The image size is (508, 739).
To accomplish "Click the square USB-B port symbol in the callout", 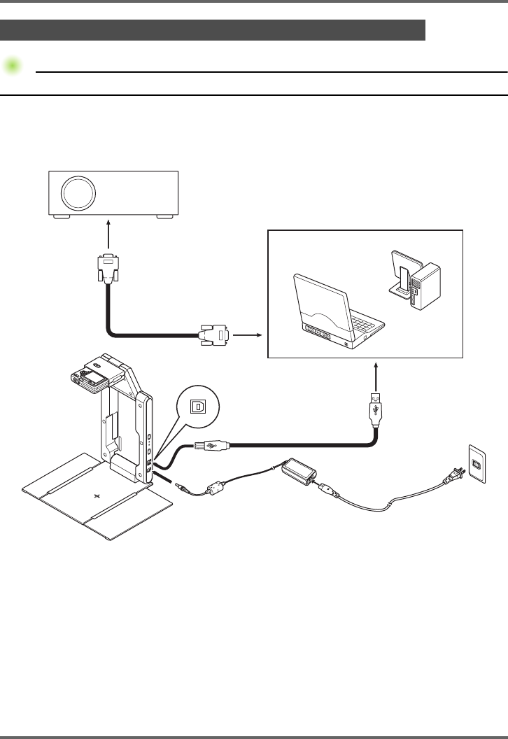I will [198, 405].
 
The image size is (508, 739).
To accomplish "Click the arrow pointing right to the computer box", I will [246, 335].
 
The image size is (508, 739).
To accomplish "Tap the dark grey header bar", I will [213, 30].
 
